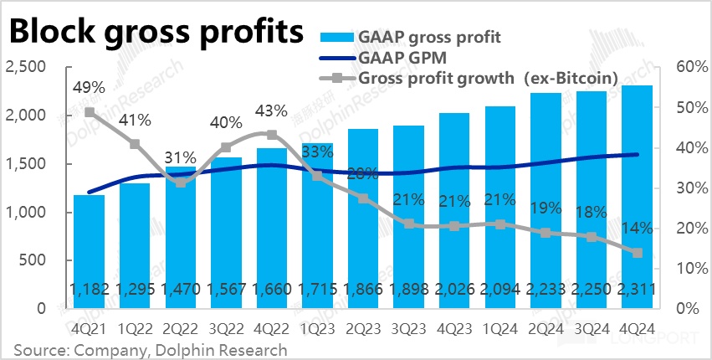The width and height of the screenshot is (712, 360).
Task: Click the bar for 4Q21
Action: click(x=89, y=251)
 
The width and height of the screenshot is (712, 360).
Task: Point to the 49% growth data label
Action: click(x=89, y=87)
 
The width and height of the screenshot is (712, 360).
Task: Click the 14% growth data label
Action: click(x=638, y=229)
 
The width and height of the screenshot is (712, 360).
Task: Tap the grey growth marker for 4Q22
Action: click(x=271, y=135)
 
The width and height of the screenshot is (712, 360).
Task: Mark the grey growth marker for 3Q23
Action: click(x=408, y=224)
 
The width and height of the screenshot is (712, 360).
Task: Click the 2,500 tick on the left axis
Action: click(x=28, y=67)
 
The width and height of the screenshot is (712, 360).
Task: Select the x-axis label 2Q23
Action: click(x=362, y=329)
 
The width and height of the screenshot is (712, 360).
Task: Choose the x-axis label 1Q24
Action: click(x=499, y=329)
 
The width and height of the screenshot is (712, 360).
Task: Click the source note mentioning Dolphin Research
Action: click(x=151, y=349)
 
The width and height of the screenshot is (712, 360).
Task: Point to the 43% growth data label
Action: click(x=271, y=111)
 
